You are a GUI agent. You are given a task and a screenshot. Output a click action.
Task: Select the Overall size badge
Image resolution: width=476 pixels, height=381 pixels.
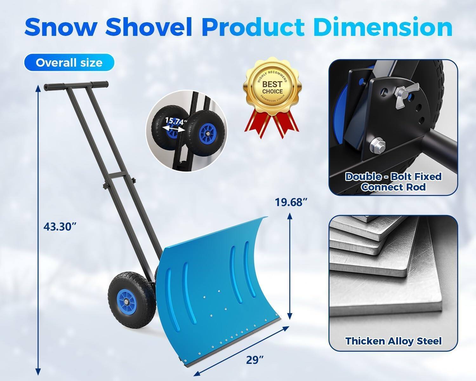click(69, 62)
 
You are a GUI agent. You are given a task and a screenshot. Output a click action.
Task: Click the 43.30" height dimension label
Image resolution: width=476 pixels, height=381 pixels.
click(60, 226)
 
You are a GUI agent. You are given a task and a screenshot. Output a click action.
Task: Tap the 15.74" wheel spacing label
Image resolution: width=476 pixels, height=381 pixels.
click(176, 121)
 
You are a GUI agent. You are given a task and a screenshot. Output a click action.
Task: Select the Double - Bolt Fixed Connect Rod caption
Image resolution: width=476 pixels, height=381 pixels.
click(393, 182)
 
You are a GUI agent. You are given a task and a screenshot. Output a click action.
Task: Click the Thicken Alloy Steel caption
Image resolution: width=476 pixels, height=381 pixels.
click(393, 341)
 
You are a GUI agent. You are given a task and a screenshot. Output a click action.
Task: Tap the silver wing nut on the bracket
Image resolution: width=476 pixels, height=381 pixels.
click(405, 90)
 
